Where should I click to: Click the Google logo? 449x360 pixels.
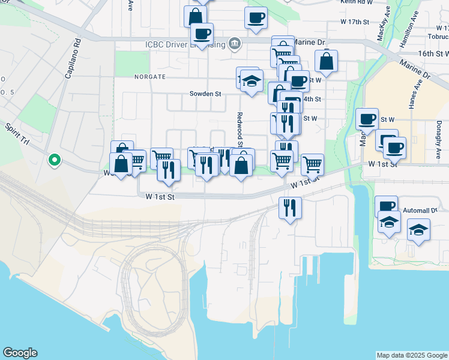point(20,353)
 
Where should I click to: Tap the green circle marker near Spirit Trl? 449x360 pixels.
point(54,160)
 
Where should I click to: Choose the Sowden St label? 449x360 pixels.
point(205,94)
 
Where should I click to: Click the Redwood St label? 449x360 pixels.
point(240,128)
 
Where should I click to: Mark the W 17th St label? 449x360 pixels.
point(354,21)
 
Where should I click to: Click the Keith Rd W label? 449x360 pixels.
point(357,3)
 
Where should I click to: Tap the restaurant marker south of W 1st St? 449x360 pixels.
point(290,208)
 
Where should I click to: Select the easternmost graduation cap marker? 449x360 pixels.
point(418,229)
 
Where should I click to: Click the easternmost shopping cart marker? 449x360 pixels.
point(312,163)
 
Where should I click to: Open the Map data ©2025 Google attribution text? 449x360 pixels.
point(412,355)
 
